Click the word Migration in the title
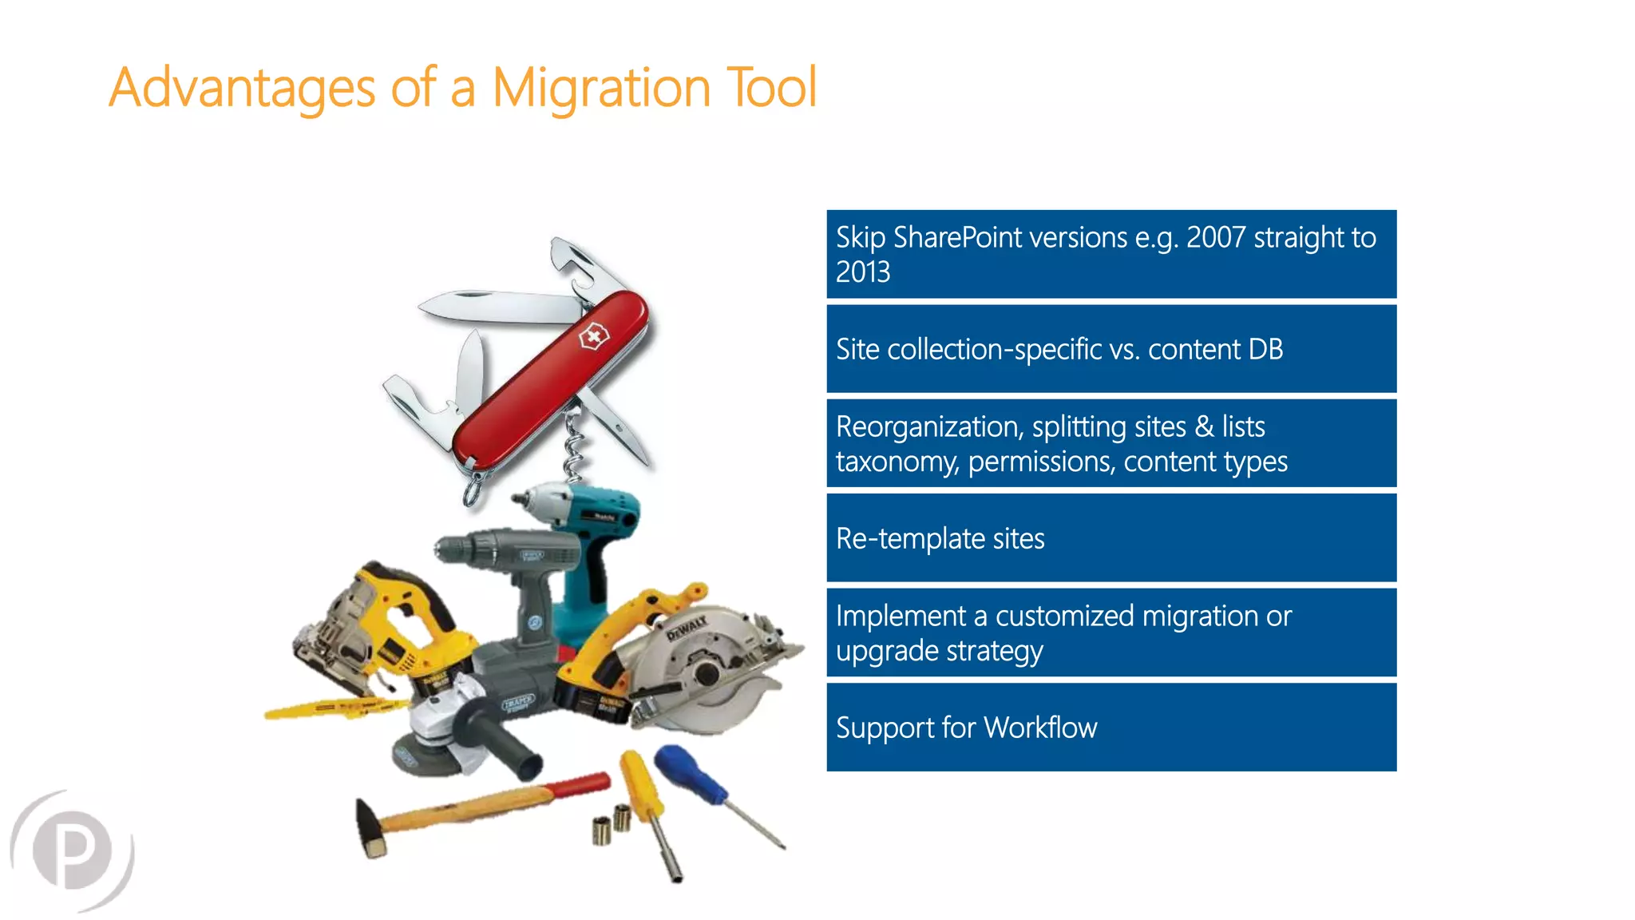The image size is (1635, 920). coord(600,88)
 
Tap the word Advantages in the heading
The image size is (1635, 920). coord(242,88)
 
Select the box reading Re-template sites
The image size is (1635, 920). coord(1110,538)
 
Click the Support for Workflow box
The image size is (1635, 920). coord(1110,728)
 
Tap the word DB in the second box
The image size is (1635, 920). coord(1265,350)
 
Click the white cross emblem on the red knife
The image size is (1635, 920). coord(592,338)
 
